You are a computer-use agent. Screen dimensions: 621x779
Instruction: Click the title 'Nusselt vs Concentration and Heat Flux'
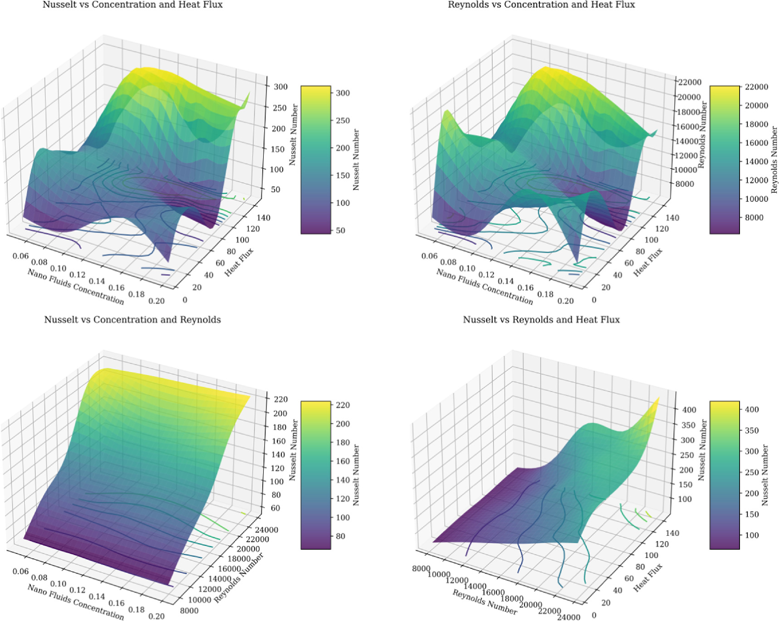click(x=132, y=5)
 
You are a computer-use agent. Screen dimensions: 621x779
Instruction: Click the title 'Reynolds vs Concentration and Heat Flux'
click(x=541, y=5)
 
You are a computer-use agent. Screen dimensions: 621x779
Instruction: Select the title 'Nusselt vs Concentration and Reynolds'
click(x=132, y=320)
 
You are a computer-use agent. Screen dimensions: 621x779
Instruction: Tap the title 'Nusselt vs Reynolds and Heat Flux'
click(x=541, y=320)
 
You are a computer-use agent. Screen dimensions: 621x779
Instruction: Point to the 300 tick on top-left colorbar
click(x=343, y=93)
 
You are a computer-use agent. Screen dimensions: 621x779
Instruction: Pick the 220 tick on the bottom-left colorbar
click(x=343, y=405)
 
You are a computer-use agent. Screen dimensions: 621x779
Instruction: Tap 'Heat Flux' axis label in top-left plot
click(x=239, y=263)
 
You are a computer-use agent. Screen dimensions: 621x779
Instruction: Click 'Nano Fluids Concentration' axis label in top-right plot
click(x=485, y=286)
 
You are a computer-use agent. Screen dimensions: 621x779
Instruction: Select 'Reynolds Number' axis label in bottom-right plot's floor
click(x=485, y=602)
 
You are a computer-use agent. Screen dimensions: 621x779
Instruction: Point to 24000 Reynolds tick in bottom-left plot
click(x=266, y=530)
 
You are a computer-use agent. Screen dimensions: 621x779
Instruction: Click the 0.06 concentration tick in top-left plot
click(x=20, y=256)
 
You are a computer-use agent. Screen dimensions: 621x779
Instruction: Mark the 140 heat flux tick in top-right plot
click(x=672, y=218)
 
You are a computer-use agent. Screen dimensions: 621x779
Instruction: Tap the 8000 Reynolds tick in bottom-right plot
click(x=421, y=569)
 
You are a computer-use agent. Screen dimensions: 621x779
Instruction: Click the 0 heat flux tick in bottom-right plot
click(x=594, y=616)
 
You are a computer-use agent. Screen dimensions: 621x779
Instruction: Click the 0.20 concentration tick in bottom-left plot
click(x=157, y=616)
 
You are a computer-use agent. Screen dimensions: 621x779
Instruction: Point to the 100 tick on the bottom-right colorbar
click(x=751, y=535)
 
